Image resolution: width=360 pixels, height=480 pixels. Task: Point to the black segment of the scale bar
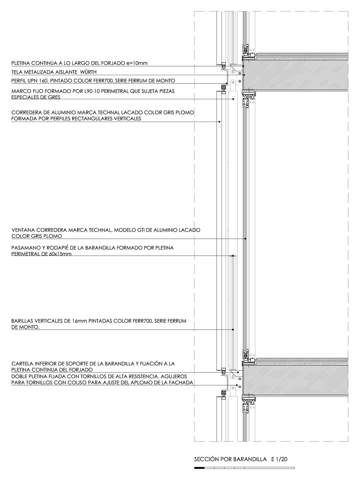click(x=199, y=468)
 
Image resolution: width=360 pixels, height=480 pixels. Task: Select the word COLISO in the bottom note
click(x=100, y=382)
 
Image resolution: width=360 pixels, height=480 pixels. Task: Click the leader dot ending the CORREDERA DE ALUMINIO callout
click(x=219, y=122)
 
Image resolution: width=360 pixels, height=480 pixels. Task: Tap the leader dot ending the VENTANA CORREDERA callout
click(x=245, y=239)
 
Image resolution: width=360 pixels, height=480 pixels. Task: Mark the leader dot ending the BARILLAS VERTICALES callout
click(x=233, y=330)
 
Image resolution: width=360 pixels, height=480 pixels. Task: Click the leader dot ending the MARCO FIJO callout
click(x=233, y=99)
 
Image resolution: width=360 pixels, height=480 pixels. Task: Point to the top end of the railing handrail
click(x=234, y=256)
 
